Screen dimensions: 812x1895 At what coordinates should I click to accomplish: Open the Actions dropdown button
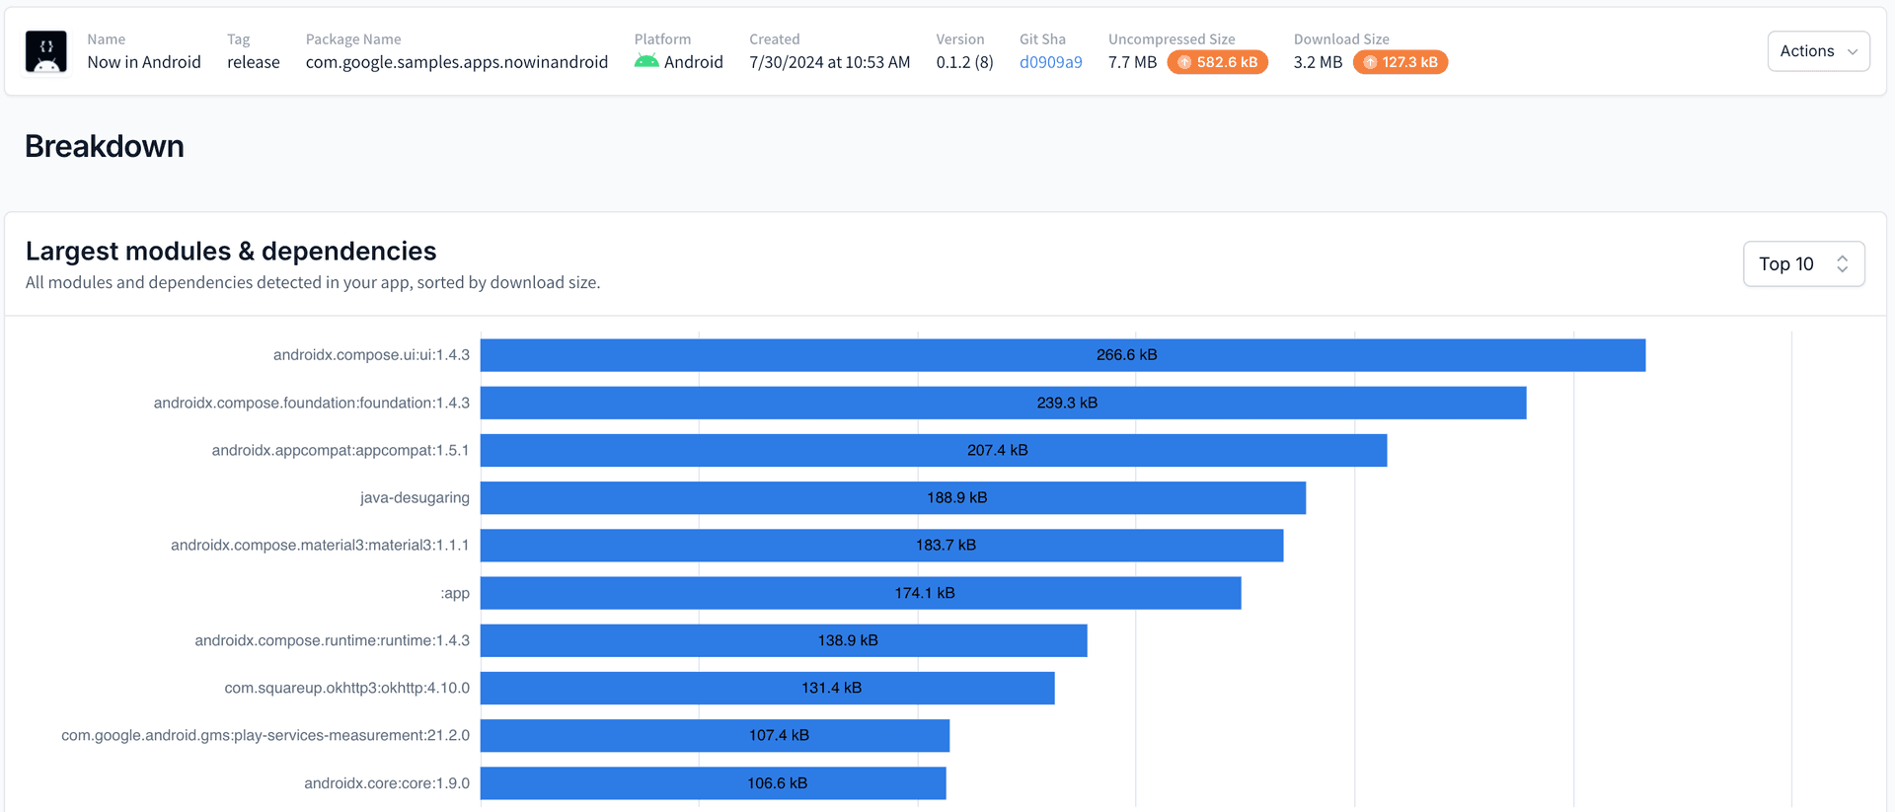tap(1818, 51)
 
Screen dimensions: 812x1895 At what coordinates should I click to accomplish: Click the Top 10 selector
tap(1803, 264)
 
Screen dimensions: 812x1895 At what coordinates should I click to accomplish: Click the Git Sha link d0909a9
tap(1050, 62)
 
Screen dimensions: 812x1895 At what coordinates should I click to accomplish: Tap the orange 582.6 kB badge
tap(1217, 62)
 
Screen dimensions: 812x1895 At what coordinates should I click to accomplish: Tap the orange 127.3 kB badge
tap(1400, 62)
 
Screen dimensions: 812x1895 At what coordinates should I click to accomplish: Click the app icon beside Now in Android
tap(46, 51)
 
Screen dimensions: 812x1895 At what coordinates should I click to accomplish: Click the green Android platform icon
tap(646, 61)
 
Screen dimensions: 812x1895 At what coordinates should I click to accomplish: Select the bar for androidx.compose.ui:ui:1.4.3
tap(1062, 355)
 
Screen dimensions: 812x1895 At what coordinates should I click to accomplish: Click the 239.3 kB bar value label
tap(1067, 403)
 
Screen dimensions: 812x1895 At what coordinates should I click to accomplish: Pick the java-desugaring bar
tap(892, 498)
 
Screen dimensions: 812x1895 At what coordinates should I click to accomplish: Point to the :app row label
tap(455, 593)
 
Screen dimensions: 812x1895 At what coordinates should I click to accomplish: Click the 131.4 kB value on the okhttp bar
tap(831, 688)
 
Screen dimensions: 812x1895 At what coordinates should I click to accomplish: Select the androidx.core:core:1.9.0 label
tap(387, 783)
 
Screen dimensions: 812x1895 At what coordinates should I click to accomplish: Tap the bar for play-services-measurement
tap(715, 736)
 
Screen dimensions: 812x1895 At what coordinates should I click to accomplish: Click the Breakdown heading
tap(105, 146)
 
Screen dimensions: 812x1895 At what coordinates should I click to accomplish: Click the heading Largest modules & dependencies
tap(231, 252)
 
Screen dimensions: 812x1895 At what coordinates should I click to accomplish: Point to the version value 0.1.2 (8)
tap(964, 62)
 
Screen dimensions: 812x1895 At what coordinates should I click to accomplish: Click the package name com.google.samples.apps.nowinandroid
tap(457, 62)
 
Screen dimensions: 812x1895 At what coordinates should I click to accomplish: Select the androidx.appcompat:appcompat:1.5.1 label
tap(341, 451)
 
